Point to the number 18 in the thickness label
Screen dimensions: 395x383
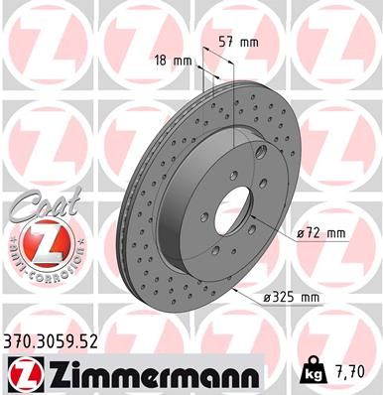click(x=162, y=62)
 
